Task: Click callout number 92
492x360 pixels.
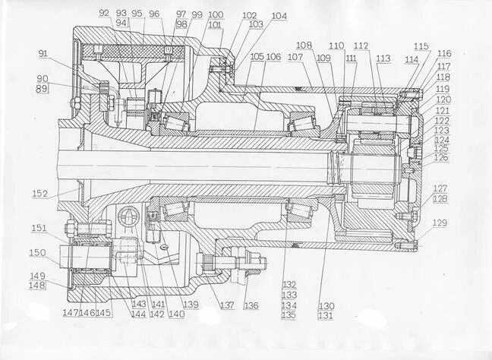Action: tap(104, 13)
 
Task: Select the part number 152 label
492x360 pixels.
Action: tap(39, 194)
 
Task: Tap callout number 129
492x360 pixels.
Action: tap(440, 223)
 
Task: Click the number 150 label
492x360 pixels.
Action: tap(37, 253)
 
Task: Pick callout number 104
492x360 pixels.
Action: tap(279, 15)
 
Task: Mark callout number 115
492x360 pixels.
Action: tap(421, 46)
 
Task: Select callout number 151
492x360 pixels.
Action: tap(38, 228)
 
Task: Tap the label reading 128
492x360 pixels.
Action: tap(440, 198)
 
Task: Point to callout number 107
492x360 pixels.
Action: tap(295, 57)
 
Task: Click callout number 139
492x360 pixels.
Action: tap(191, 305)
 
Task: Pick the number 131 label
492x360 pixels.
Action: tap(326, 315)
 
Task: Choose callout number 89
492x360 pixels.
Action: tap(42, 89)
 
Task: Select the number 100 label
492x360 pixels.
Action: tap(215, 14)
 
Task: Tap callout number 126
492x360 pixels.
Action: tap(440, 158)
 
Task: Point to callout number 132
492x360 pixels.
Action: tap(289, 283)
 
